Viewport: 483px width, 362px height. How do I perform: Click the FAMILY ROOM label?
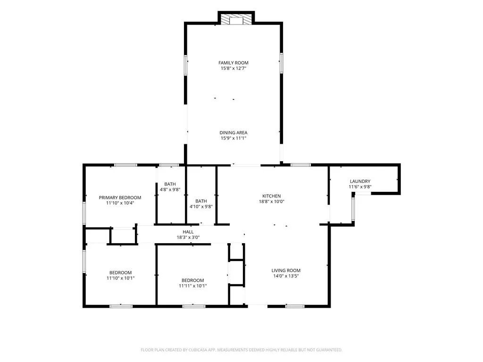pos(233,63)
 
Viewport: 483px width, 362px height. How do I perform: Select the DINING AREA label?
pos(233,132)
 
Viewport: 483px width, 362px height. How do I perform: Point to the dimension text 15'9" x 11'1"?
pos(233,138)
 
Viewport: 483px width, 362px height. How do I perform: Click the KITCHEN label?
pos(271,196)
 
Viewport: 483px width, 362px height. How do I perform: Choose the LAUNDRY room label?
pos(360,181)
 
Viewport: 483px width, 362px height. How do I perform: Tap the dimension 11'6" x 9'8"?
pos(360,187)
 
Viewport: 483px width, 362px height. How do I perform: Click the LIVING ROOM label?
pos(286,271)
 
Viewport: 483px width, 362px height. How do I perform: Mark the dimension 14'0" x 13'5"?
pos(286,276)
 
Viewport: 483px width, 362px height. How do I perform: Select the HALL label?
pos(188,232)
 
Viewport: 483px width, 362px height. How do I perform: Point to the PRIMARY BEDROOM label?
pos(120,197)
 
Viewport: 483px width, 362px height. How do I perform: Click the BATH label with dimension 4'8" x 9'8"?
pos(170,184)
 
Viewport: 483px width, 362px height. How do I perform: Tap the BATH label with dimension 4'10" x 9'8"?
pos(201,201)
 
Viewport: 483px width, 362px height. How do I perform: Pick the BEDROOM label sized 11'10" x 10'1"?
pos(120,273)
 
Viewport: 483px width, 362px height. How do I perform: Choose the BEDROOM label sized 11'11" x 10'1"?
pos(192,280)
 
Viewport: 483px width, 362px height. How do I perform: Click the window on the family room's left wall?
pos(185,65)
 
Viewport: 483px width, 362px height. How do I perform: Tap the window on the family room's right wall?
pos(281,63)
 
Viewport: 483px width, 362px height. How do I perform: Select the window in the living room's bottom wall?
pos(295,306)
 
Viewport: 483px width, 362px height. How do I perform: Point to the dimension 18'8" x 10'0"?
pos(271,202)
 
